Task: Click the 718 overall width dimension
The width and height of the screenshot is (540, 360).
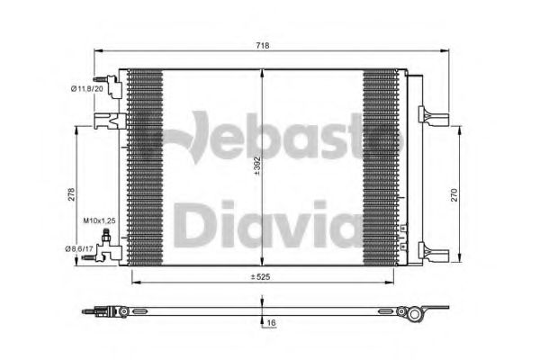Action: click(263, 46)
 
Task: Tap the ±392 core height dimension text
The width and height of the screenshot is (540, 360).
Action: click(257, 166)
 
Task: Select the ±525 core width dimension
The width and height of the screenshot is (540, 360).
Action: click(260, 276)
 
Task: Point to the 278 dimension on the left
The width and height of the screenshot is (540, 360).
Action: click(71, 194)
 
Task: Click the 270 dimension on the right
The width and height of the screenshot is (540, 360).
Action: click(454, 195)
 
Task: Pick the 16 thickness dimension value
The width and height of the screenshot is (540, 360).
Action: click(272, 323)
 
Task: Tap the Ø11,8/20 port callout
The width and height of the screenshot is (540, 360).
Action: click(87, 89)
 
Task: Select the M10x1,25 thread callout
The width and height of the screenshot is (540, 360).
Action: click(99, 220)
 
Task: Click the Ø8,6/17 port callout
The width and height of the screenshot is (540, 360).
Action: click(79, 248)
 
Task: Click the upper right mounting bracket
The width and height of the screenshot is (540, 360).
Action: click(434, 115)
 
